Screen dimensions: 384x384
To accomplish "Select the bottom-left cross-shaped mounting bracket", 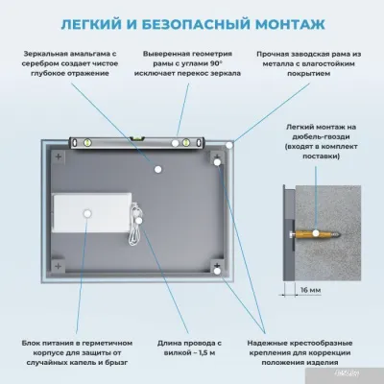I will point(59,272).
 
